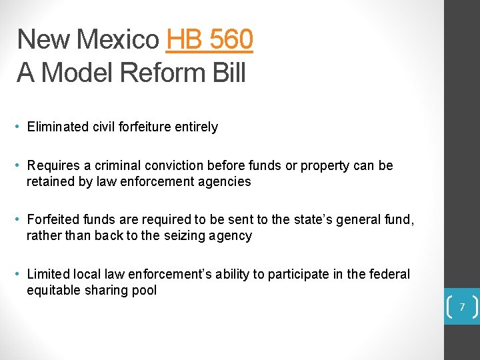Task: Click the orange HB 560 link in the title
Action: coord(209,40)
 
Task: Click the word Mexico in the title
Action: coord(117,40)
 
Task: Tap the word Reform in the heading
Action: coord(150,73)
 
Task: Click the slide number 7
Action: coord(461,307)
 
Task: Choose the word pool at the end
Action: coord(144,290)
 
